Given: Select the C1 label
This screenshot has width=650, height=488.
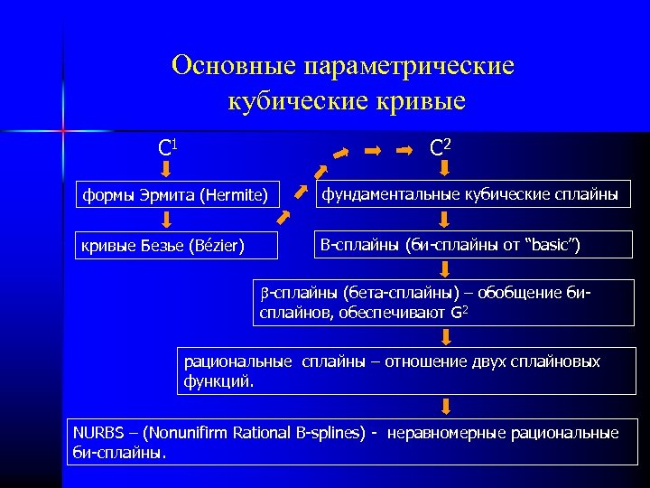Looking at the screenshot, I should point(166,146).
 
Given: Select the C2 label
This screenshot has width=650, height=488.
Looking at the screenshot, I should point(441,145).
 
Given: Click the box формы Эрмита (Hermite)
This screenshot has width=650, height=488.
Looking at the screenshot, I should point(177,193).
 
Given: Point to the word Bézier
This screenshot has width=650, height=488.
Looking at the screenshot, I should point(214,244).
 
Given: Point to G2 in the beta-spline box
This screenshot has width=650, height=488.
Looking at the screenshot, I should point(460,313).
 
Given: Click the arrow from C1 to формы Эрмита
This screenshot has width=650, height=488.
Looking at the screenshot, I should point(166,170).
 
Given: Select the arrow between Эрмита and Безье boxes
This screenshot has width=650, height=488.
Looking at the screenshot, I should point(167,219).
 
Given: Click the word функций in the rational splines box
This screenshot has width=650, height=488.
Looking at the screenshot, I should point(218,380).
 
